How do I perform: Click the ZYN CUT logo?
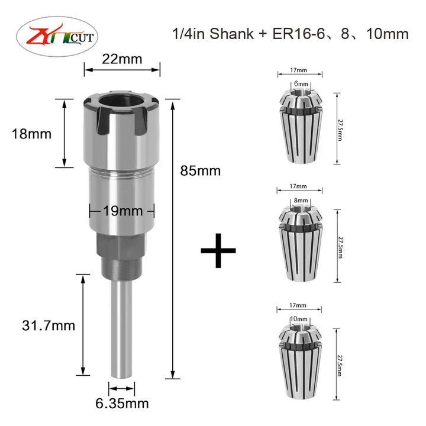point(57,37)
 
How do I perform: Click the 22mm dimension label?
point(122,59)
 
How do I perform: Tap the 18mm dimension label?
point(31,134)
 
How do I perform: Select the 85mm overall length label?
point(200,171)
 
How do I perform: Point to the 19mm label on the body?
point(123,211)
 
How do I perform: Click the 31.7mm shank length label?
point(49,325)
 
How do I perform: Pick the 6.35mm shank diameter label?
point(122,404)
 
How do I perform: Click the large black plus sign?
point(218,250)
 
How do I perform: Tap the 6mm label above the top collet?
point(301,83)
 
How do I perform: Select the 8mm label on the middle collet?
point(301,201)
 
